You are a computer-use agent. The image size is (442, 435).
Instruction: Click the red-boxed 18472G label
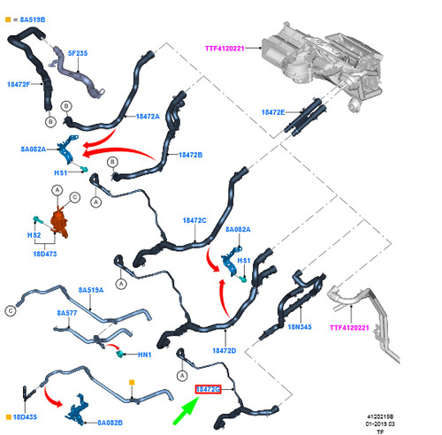point(208,389)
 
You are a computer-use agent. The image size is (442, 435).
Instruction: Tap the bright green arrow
point(186,410)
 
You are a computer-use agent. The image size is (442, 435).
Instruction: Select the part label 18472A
point(148,117)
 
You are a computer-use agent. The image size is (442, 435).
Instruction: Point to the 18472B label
point(191,155)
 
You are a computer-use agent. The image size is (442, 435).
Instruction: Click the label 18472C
point(194,220)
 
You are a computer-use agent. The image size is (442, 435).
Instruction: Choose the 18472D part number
point(225,351)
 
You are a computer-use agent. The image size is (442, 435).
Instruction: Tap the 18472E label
point(273,112)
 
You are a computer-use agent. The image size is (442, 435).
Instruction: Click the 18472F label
point(19,84)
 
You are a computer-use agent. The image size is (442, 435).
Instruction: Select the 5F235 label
point(78,53)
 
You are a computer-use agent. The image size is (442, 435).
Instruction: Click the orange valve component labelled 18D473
point(59,223)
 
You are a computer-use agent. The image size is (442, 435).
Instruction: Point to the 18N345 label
point(300,327)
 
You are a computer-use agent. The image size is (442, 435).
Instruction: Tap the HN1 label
point(145,355)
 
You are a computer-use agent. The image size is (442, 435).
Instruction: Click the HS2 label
point(34,235)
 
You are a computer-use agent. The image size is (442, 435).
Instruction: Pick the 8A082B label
point(110,423)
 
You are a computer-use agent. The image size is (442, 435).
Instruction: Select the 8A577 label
point(67,313)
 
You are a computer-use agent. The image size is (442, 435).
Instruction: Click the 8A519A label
point(91,290)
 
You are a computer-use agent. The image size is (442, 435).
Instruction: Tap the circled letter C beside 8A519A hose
point(11,311)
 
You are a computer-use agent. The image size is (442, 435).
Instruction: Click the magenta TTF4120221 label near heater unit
point(225,49)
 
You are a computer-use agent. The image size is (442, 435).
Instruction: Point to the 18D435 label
point(25,417)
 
